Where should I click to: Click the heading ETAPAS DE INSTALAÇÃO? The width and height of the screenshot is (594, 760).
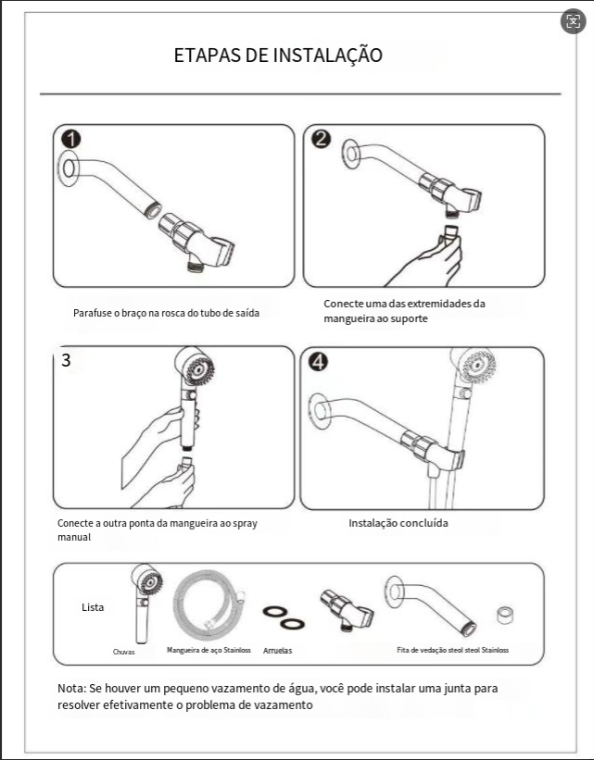tap(278, 55)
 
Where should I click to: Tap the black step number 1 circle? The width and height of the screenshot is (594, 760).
tap(70, 140)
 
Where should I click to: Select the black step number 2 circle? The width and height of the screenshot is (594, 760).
tap(321, 140)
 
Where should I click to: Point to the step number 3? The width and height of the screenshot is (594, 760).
tap(66, 360)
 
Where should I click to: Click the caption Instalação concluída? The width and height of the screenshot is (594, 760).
tap(398, 523)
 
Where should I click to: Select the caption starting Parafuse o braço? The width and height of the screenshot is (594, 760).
tap(166, 313)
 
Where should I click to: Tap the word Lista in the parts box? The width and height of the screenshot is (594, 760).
tap(93, 607)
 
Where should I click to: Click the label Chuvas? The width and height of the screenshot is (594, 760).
tap(124, 652)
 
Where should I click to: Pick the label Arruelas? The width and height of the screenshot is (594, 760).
tap(277, 651)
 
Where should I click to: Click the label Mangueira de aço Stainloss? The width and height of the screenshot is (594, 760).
tap(209, 651)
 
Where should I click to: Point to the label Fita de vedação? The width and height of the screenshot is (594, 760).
tap(452, 650)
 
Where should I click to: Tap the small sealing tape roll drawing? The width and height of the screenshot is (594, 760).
tap(506, 615)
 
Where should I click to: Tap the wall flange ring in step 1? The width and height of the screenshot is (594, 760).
tap(67, 167)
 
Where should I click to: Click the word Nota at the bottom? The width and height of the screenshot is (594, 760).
tap(70, 690)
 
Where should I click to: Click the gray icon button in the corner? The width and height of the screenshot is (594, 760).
tap(573, 21)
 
